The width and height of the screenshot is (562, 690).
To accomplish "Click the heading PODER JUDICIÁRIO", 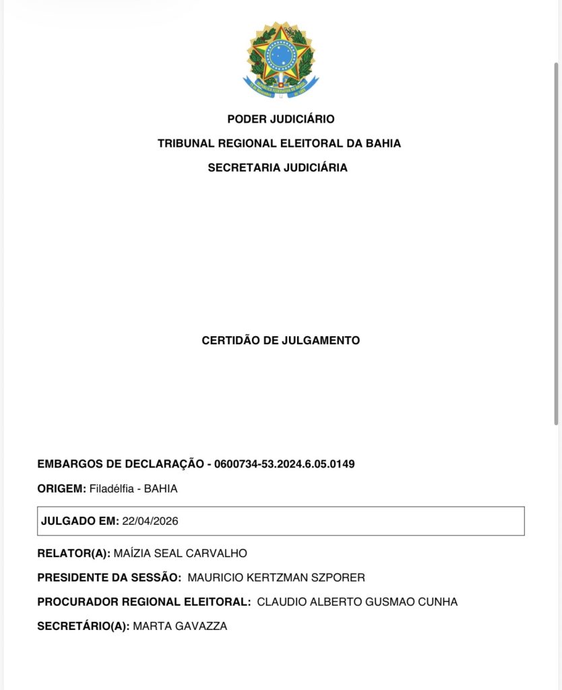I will pos(280,119).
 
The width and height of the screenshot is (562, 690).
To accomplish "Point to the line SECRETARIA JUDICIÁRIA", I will pos(278,168).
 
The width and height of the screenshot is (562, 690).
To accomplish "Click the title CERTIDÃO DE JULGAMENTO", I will pos(280,340).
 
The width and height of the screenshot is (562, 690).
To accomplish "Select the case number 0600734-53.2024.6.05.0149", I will pos(284,464).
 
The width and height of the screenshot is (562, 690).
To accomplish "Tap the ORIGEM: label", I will pos(61,489).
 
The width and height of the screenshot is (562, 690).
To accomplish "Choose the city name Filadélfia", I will pos(112,489).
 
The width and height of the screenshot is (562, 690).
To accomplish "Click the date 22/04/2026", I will pos(150,521).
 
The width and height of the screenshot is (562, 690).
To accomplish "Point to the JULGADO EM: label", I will pos(80,521).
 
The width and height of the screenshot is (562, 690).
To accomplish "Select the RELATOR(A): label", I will pos(73,553).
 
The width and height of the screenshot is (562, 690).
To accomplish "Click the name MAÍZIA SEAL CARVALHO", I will pos(181,553).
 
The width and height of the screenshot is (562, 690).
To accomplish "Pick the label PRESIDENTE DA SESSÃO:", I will pos(109,577).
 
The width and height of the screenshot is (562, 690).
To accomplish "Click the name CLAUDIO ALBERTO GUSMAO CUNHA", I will pos(357,602).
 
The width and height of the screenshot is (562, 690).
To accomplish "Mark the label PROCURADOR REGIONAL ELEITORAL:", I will pos(144,602).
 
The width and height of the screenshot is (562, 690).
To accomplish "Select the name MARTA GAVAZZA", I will pos(180,626).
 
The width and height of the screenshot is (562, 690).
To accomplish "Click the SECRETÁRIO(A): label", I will pos(83,626).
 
